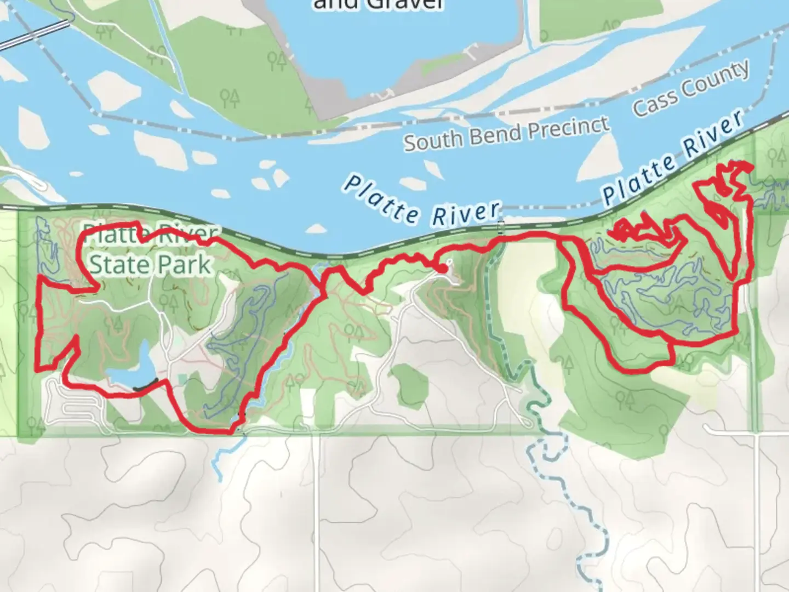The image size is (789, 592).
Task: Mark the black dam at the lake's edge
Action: pyautogui.click(x=145, y=385)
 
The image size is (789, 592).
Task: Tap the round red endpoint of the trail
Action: pyautogui.click(x=442, y=269)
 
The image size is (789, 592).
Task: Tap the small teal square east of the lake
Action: pyautogui.click(x=182, y=379)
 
